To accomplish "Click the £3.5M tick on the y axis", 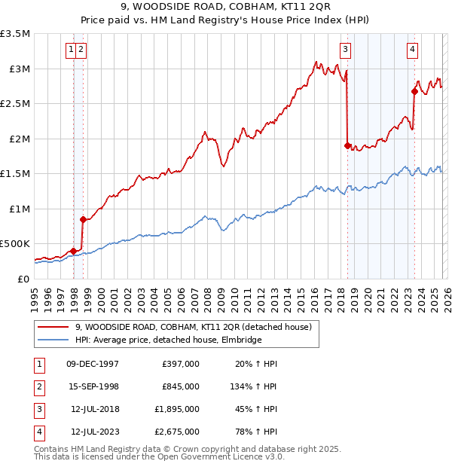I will point(16,34).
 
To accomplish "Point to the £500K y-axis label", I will point(15,244).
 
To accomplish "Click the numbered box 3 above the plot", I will point(345,50).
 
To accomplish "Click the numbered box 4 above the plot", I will point(413,50).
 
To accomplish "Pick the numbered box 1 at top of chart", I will point(71,50).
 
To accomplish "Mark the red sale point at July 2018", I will point(347,146).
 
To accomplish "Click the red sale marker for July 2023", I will point(414,92).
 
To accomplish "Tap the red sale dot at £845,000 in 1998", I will point(83,219).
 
